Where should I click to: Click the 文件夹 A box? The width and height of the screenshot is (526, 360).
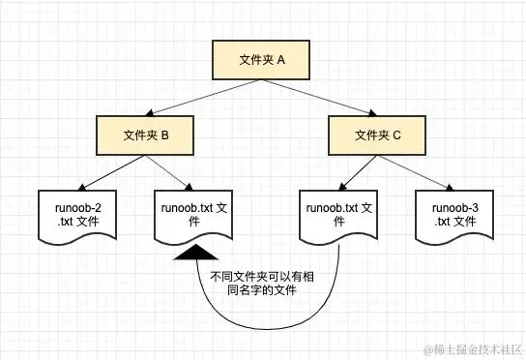pyautogui.click(x=262, y=60)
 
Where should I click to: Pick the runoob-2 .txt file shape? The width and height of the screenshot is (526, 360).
pyautogui.click(x=73, y=215)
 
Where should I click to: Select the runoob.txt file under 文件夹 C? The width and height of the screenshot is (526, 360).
pyautogui.click(x=338, y=215)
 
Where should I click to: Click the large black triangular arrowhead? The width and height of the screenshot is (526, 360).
pyautogui.click(x=196, y=255)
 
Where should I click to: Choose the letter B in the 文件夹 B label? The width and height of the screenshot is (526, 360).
pyautogui.click(x=165, y=135)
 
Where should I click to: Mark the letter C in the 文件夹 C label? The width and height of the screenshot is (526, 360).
pyautogui.click(x=397, y=135)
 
